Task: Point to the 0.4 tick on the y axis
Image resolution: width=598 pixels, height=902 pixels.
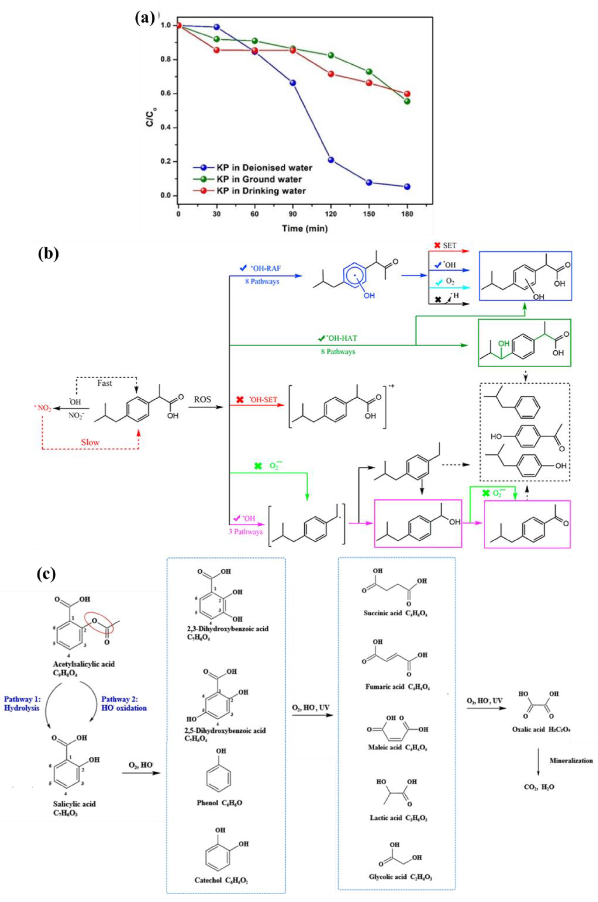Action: (169, 127)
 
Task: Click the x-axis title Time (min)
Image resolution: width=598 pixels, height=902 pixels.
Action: (305, 228)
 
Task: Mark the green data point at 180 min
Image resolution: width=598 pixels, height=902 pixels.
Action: (407, 101)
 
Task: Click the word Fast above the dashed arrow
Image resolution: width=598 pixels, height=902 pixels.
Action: (104, 383)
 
